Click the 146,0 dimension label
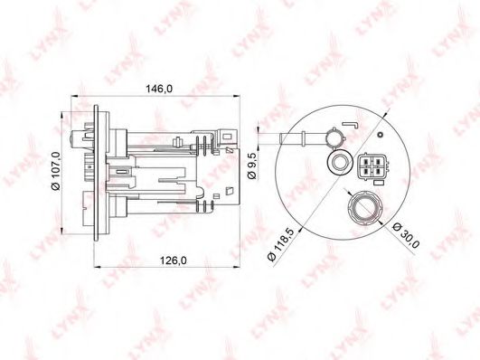coord(159,89)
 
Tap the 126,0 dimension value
coord(174,261)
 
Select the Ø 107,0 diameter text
coord(56,171)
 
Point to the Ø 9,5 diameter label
coord(251,166)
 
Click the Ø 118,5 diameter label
coord(281,244)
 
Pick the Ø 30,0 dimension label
coord(406,235)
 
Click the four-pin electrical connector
coord(372,166)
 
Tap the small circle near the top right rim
coord(381,135)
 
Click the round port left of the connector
coord(339,162)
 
